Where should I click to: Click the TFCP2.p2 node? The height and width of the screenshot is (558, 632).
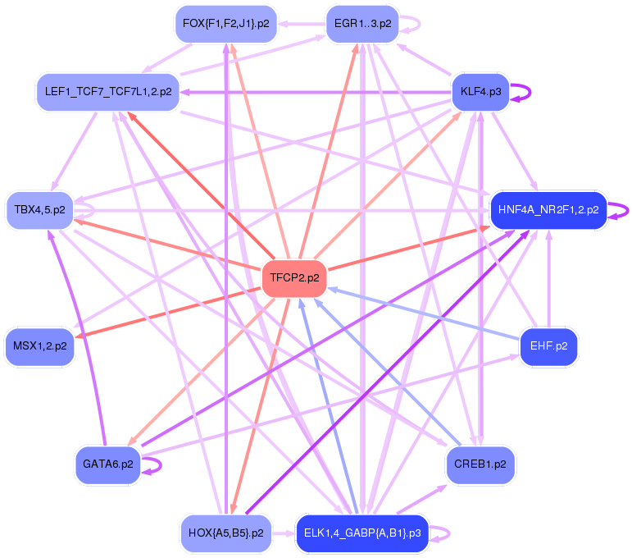point(294,278)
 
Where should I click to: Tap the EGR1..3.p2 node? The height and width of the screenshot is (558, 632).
point(361,24)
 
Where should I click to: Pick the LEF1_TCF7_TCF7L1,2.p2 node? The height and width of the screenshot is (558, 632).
point(108,92)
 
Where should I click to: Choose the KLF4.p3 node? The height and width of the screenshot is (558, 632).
point(481,92)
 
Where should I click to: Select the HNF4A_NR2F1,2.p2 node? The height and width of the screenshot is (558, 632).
point(548,210)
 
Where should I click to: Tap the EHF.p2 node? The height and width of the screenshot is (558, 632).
point(548,346)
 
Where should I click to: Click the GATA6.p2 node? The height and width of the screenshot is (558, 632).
point(108,464)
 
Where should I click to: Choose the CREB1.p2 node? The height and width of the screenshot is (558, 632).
point(481,464)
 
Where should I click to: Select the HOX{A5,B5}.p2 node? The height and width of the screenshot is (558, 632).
point(225,533)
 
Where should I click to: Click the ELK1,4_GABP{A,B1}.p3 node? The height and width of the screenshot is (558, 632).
point(361,533)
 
